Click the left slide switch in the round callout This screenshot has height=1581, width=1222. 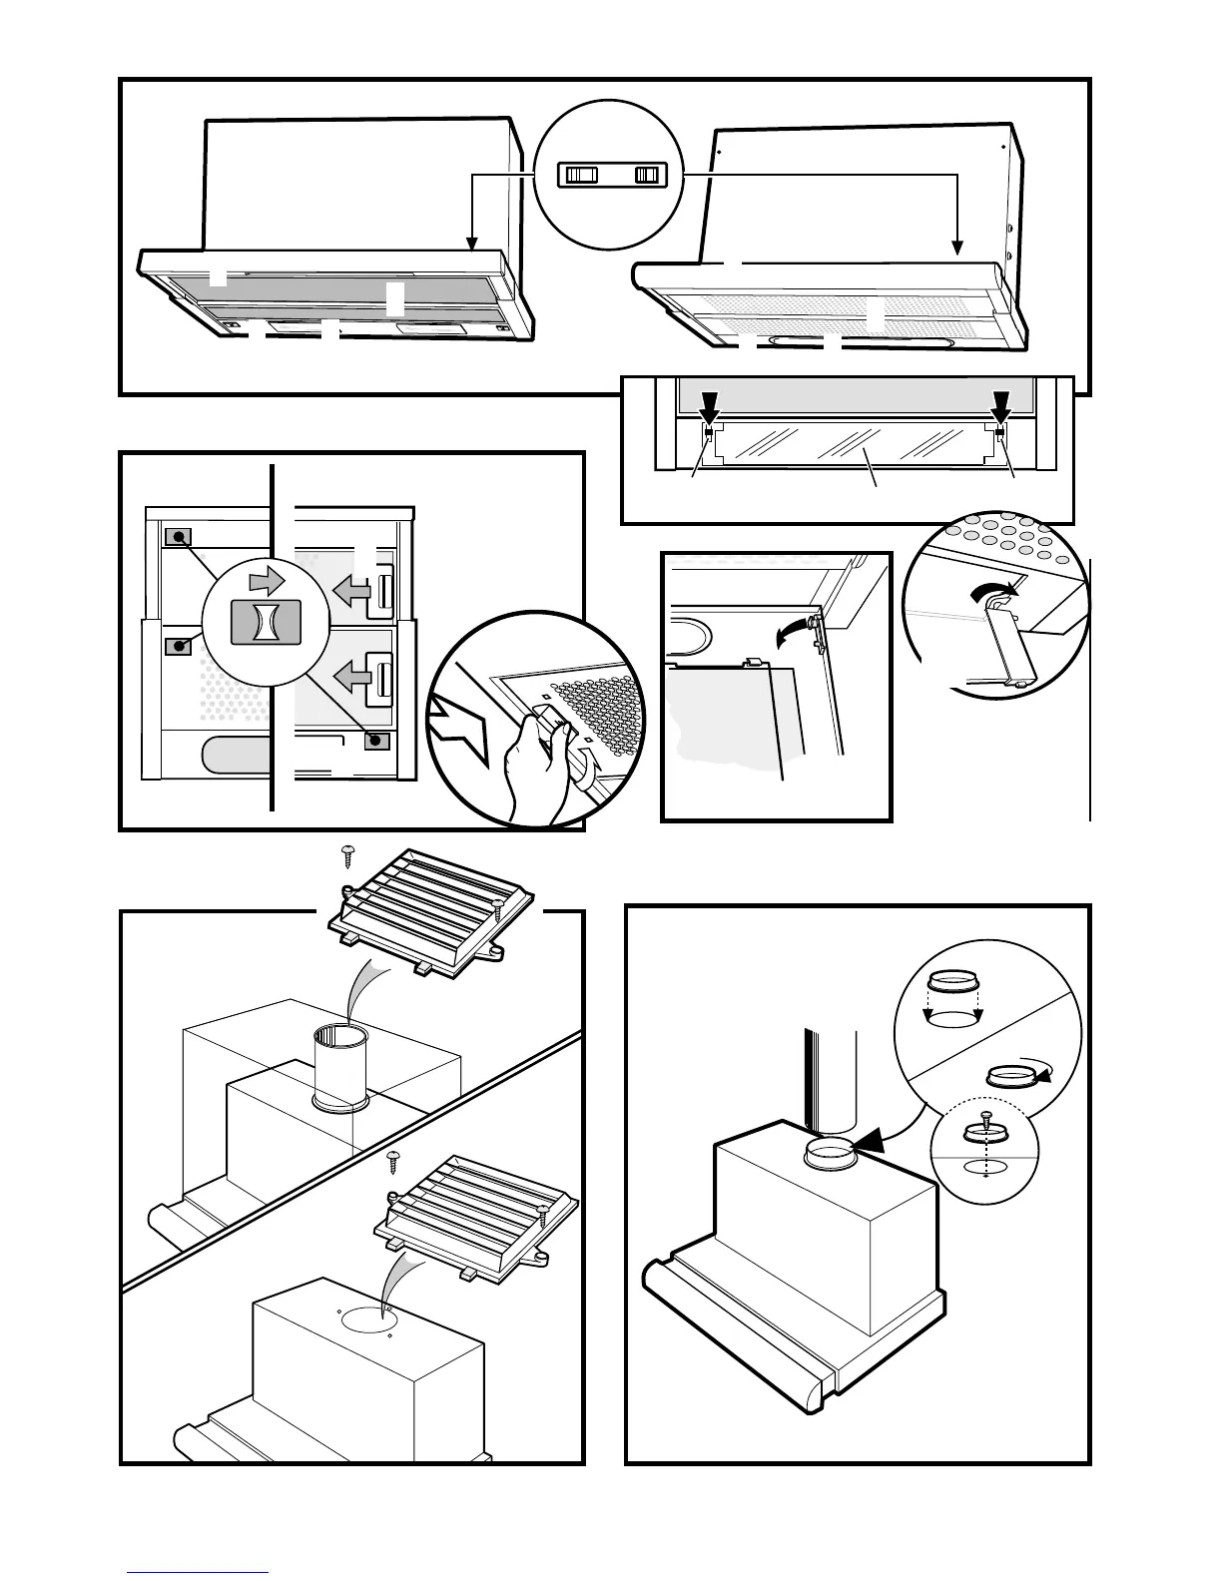pos(580,176)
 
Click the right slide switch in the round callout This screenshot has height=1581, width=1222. pos(648,176)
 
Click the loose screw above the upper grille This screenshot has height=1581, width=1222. pos(347,854)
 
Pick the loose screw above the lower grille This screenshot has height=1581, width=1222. pos(393,1162)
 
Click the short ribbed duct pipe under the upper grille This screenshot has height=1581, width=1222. pos(338,1066)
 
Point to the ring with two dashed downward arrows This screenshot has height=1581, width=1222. pos(953,998)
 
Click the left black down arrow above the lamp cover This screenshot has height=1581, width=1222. pos(709,406)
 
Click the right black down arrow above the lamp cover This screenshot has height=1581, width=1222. pos(1001,406)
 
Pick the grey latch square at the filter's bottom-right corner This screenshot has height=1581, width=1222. pos(375,741)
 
